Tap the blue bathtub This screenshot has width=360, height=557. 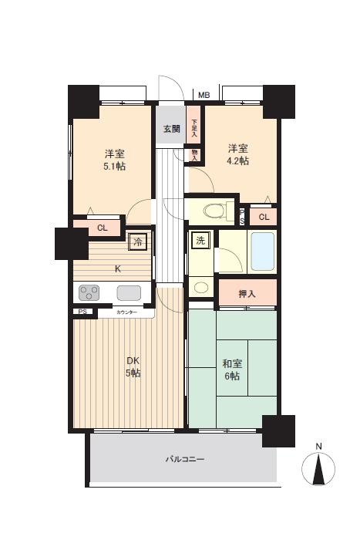(x=263, y=251)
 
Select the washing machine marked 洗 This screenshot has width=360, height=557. (x=200, y=241)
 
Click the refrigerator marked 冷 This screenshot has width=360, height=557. (x=138, y=242)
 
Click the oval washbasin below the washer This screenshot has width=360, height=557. (x=200, y=287)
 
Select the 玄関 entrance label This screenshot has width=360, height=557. (x=172, y=129)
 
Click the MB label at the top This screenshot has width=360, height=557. (x=204, y=95)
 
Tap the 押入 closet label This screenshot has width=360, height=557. (x=247, y=294)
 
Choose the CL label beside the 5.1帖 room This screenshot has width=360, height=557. (x=103, y=228)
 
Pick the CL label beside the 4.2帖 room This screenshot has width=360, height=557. (x=264, y=218)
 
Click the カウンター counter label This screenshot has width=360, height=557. (x=126, y=312)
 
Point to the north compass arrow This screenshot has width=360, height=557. (x=319, y=469)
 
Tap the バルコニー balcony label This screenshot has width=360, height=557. (x=184, y=459)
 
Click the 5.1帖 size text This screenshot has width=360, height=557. (x=114, y=166)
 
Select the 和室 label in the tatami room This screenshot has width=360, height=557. (x=232, y=364)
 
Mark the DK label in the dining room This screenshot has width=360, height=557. (x=133, y=361)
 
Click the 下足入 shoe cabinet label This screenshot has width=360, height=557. (x=194, y=128)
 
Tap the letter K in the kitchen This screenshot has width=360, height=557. (x=118, y=269)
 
